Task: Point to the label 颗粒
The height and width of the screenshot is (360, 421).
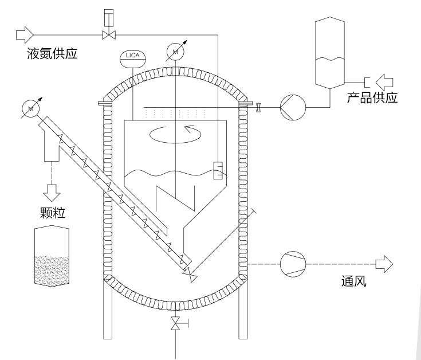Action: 52,213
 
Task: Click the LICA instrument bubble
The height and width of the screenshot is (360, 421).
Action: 132,57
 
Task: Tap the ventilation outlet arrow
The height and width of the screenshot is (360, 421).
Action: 384,264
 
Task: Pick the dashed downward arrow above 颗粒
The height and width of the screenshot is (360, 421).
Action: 52,189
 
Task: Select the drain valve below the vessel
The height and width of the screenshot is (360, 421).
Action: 175,325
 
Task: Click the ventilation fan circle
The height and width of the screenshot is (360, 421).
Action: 293,264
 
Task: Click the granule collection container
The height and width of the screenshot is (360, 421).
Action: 52,256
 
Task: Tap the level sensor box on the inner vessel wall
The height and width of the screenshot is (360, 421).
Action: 218,170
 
